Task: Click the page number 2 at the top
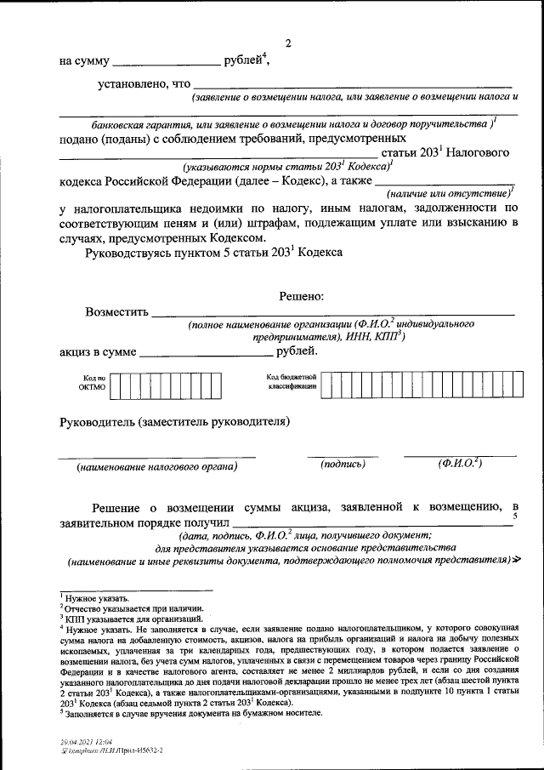[x=287, y=43]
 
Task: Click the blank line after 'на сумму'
[x=165, y=64]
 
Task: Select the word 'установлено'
[x=132, y=84]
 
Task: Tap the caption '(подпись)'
[x=343, y=464]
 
